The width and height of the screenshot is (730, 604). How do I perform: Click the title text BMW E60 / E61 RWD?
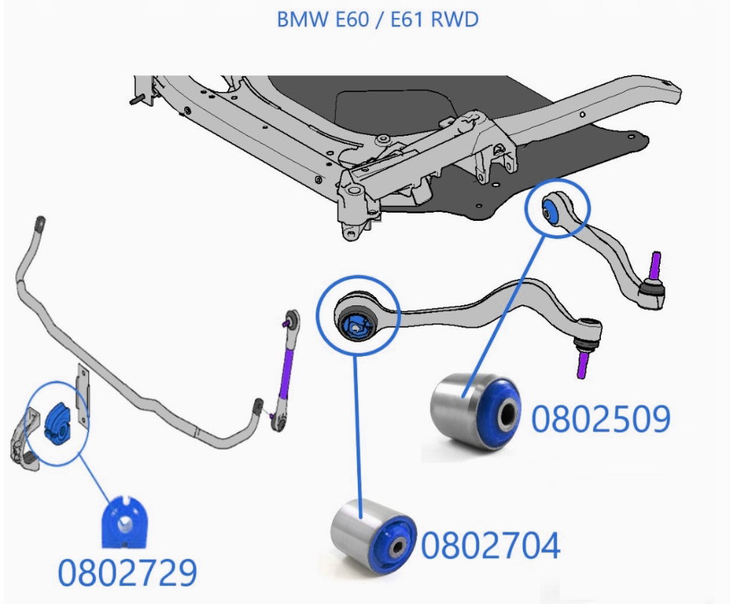pos(377,20)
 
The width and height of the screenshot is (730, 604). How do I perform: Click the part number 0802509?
pos(601,419)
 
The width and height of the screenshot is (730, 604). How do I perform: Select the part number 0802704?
pos(491,545)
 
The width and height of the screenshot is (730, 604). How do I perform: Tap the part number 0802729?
pos(128,572)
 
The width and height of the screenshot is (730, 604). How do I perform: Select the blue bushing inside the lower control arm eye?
pos(355,326)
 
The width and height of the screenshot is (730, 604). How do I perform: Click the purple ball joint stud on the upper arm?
pos(655,265)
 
